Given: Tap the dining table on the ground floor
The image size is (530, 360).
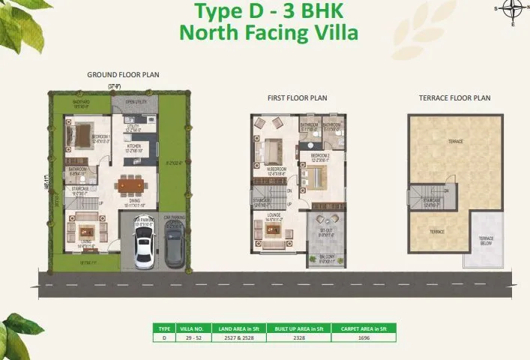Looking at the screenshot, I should click(131, 184).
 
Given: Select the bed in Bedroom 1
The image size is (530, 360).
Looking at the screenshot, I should click(79, 135).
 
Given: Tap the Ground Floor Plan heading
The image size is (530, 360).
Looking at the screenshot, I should click(123, 75).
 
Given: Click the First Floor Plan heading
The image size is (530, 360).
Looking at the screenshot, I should click(297, 97).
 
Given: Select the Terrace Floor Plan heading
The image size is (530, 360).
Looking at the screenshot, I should click(454, 97).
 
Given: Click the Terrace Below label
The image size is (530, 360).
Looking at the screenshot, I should click(486, 241).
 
